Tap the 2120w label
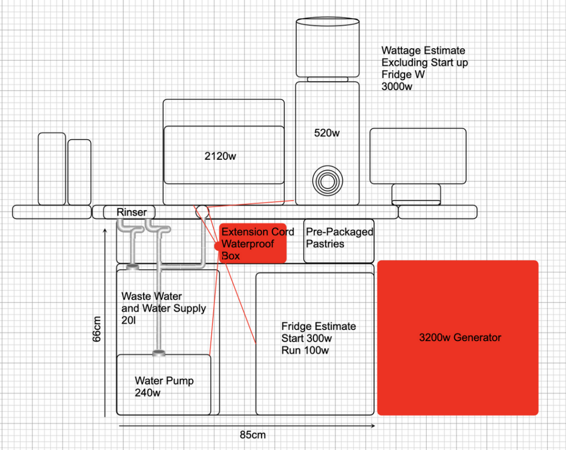tap(220, 156)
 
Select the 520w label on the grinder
tap(327, 133)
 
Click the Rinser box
tap(132, 212)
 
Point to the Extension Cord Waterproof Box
tap(253, 244)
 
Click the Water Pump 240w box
tap(164, 385)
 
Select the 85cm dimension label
tap(253, 435)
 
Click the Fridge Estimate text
tap(318, 326)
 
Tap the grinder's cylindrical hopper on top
tap(327, 48)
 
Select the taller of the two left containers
tap(51, 168)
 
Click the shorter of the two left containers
tap(79, 171)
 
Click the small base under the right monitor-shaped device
tap(416, 195)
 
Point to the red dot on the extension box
tap(217, 245)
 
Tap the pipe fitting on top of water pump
tap(159, 352)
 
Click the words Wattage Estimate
tap(423, 50)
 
